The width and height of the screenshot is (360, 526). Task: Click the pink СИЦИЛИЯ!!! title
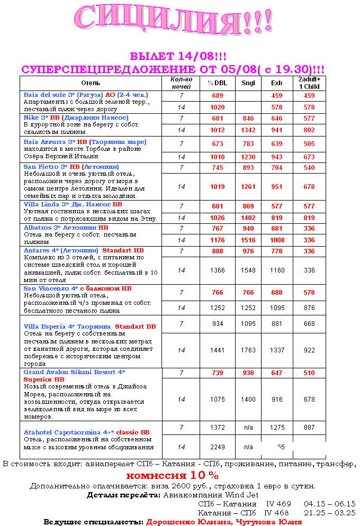[x=174, y=22]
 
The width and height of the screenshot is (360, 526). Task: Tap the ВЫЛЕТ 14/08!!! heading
[x=178, y=57]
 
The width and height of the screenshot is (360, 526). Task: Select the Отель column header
[x=91, y=83]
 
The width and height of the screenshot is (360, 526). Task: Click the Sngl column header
[x=248, y=83]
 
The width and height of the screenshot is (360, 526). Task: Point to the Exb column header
[x=277, y=83]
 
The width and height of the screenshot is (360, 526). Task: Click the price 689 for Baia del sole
[x=218, y=96]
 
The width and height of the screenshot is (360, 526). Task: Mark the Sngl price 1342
[x=248, y=130]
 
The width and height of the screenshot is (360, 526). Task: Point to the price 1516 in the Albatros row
[x=248, y=240]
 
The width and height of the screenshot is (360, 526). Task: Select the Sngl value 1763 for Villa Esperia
[x=248, y=350]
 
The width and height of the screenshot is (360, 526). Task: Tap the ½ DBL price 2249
[x=218, y=447]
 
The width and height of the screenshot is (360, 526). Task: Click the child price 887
[x=309, y=427]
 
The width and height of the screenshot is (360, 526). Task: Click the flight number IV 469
[x=278, y=504]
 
